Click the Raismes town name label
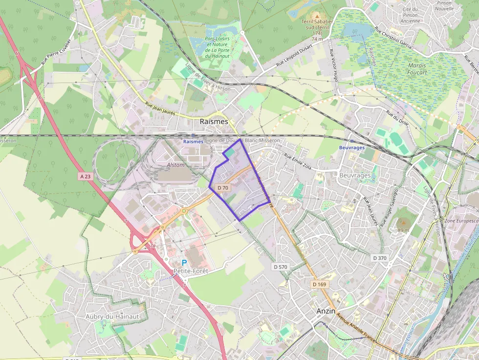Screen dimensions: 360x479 (x=214, y=121)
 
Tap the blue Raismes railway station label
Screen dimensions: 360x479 (x=193, y=141)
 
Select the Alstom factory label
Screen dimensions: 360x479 (x=176, y=165)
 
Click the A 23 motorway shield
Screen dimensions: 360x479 (x=85, y=176)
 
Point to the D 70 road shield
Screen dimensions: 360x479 (x=223, y=188)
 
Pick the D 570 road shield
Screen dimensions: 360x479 (x=281, y=267)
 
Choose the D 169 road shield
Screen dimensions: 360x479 (x=320, y=284)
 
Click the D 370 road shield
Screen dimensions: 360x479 (x=379, y=258)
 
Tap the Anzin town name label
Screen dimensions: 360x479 (x=326, y=311)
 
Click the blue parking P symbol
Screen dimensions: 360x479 (x=184, y=263)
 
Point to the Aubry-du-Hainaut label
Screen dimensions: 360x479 (x=112, y=317)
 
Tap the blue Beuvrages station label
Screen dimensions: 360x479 (x=352, y=148)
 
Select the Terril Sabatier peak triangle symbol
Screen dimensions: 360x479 (x=317, y=17)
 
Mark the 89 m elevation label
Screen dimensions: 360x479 (x=403, y=230)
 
